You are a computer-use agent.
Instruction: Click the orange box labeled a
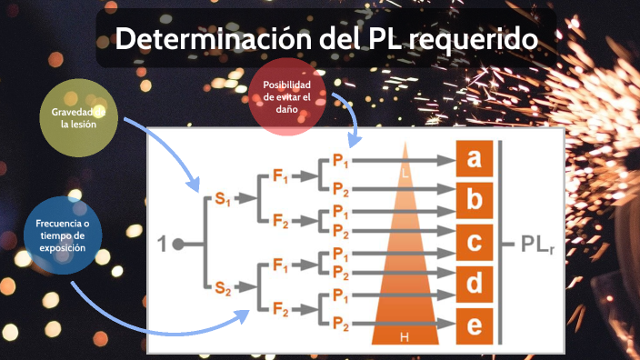(474, 159)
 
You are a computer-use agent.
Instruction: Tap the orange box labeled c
(474, 243)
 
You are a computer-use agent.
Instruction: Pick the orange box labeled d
(474, 284)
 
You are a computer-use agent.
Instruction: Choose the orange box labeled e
(474, 324)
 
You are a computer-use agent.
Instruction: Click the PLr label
(539, 245)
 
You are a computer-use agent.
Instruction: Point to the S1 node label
(223, 199)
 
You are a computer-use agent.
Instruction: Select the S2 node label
(223, 289)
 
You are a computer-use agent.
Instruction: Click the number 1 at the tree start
(162, 244)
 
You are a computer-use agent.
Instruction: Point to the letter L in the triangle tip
(405, 171)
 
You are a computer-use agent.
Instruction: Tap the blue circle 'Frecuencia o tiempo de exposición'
(62, 235)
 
